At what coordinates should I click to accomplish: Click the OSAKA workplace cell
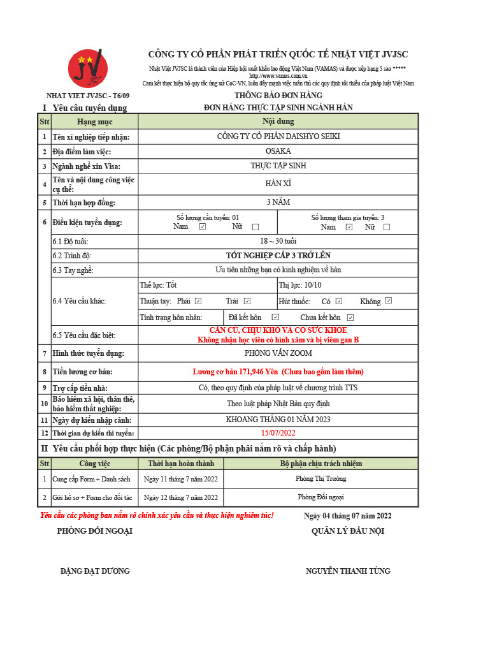[x=278, y=151]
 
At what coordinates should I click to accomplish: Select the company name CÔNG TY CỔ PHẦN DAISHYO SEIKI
[x=278, y=136]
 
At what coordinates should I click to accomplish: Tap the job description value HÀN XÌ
[x=278, y=184]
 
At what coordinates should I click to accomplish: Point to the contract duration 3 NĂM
[x=278, y=202]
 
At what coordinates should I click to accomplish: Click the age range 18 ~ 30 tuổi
[x=278, y=241]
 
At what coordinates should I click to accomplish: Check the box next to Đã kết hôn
[x=275, y=317]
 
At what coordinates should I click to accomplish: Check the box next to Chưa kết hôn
[x=350, y=318]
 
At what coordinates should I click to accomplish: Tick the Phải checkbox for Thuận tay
[x=198, y=301]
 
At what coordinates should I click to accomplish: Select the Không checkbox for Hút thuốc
[x=389, y=301]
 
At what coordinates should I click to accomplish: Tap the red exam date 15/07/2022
[x=278, y=433]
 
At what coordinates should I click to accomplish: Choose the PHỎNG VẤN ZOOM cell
[x=278, y=353]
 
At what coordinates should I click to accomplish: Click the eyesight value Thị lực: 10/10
[x=300, y=285]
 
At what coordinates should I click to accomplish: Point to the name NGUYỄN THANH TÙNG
[x=348, y=571]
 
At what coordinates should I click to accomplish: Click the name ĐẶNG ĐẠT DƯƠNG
[x=95, y=571]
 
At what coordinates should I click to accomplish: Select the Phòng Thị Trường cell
[x=320, y=479]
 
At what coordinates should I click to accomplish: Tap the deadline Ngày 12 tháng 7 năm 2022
[x=181, y=497]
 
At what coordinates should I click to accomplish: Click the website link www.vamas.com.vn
[x=278, y=76]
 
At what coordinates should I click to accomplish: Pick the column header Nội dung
[x=278, y=121]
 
